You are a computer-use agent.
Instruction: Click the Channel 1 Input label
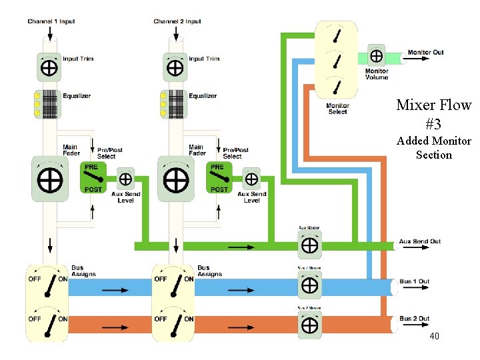[x=51, y=21]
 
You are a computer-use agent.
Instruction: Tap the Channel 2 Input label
[x=177, y=21]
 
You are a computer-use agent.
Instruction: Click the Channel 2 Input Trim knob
[x=175, y=67]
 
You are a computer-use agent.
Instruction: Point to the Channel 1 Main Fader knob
[x=49, y=179]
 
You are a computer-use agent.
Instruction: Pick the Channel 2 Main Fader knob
[x=175, y=179]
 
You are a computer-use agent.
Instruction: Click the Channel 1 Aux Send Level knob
[x=125, y=179]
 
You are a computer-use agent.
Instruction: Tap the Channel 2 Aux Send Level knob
[x=251, y=179]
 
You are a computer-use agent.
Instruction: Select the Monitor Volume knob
[x=377, y=55]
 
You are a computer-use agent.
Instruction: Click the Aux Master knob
[x=309, y=245]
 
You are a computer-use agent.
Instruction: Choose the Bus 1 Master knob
[x=309, y=285]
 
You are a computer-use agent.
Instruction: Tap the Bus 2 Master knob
[x=309, y=325]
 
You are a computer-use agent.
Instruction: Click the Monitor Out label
[x=425, y=53]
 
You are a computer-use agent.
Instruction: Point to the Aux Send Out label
[x=420, y=241]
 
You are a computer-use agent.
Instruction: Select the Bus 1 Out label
[x=415, y=281]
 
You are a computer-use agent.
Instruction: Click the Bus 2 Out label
[x=415, y=319]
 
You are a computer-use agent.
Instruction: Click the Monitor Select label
[x=338, y=109]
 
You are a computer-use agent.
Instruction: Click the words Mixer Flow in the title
[x=433, y=105]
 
